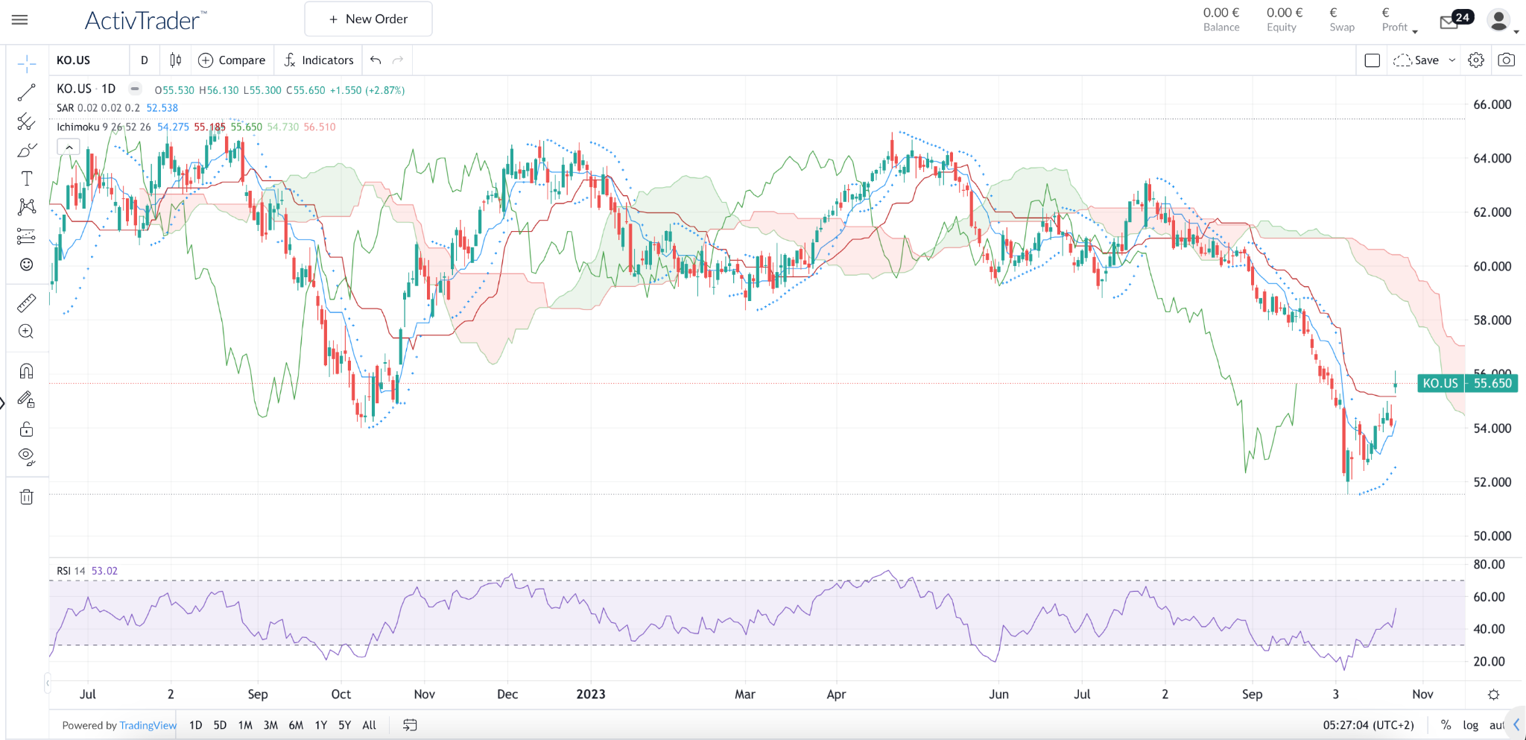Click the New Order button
368,19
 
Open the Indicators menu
318,60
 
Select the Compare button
232,60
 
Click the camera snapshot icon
1506,60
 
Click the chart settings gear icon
1475,60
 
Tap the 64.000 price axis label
1492,158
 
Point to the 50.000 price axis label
1492,536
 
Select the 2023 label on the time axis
591,694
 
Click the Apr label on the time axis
836,694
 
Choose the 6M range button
296,725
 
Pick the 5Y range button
344,725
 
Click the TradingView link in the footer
148,725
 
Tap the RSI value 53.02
104,571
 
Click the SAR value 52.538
162,108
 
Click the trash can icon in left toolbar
26,496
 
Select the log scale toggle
1470,725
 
